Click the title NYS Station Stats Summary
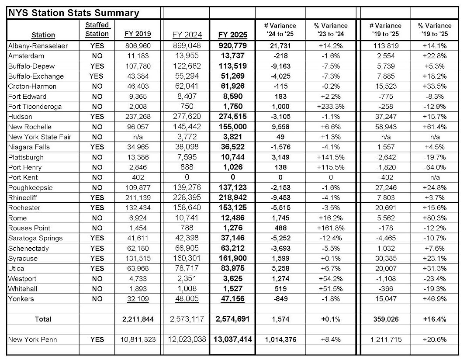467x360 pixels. (x=73, y=13)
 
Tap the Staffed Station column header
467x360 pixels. (x=97, y=30)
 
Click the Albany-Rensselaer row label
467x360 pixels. (x=38, y=45)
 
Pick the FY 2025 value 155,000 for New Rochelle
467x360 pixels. (x=232, y=127)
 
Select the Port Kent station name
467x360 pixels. (x=23, y=177)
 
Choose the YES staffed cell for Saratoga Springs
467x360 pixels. (x=97, y=238)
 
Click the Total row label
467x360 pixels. (x=43, y=319)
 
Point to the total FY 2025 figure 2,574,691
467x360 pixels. (x=232, y=319)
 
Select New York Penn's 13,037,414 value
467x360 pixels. (x=232, y=339)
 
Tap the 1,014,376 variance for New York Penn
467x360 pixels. (x=280, y=339)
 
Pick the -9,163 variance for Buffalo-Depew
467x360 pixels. (x=280, y=66)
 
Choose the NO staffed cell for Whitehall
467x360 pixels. (x=97, y=288)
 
